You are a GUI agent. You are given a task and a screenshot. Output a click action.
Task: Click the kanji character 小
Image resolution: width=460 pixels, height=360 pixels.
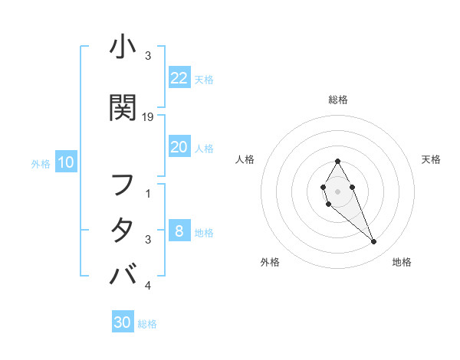(x=123, y=48)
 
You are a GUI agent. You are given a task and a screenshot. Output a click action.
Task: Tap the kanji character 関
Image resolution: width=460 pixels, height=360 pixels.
(x=123, y=108)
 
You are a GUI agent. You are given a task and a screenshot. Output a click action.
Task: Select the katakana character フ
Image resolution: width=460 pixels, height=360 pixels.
(x=123, y=185)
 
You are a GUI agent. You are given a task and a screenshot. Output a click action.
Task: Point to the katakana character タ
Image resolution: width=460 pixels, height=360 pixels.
(x=123, y=230)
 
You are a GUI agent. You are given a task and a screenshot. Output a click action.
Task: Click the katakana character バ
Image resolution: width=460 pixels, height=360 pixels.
(x=123, y=273)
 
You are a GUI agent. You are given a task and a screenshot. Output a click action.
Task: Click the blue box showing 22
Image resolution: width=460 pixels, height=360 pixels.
(x=179, y=78)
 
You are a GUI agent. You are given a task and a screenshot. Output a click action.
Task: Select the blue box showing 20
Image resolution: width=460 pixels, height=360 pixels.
(x=179, y=148)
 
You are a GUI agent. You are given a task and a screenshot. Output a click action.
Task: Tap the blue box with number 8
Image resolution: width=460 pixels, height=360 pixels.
(x=179, y=231)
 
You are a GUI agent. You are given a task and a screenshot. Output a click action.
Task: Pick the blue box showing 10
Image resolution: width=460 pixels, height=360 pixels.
(x=65, y=162)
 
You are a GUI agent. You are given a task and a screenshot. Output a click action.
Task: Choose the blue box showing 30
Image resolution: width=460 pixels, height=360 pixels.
(x=123, y=322)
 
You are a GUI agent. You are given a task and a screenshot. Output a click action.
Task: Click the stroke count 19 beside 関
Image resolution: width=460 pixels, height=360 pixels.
(x=149, y=117)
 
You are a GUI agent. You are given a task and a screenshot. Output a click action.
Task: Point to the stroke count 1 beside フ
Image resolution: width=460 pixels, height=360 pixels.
(x=148, y=194)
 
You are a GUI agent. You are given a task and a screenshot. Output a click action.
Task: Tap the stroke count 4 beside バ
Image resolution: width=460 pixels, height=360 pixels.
(x=148, y=286)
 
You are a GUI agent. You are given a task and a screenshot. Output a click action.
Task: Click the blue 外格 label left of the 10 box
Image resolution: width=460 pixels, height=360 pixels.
(x=41, y=163)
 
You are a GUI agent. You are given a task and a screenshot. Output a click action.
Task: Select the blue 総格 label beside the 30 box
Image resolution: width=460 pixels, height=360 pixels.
(x=147, y=324)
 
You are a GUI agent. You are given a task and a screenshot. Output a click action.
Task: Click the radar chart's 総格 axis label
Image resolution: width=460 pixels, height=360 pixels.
(x=337, y=100)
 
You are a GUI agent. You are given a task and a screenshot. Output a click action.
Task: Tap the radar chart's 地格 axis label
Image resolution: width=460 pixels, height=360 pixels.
(x=402, y=263)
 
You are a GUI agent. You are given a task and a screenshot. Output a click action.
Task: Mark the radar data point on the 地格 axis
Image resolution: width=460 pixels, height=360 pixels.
(x=374, y=242)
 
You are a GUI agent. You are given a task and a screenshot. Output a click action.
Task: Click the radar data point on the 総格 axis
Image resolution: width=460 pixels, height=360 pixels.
(x=337, y=162)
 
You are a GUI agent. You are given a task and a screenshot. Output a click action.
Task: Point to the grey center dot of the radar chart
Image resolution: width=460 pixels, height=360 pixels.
(x=337, y=191)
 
